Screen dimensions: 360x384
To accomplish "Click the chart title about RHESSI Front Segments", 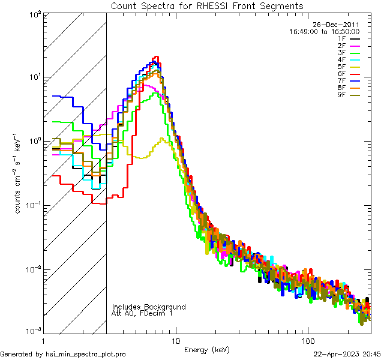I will click(207, 5).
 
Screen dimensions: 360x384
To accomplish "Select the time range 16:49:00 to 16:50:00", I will click(324, 31).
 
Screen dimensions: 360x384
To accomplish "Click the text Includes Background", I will click(148, 307).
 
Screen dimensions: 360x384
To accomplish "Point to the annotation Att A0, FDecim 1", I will click(142, 314).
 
